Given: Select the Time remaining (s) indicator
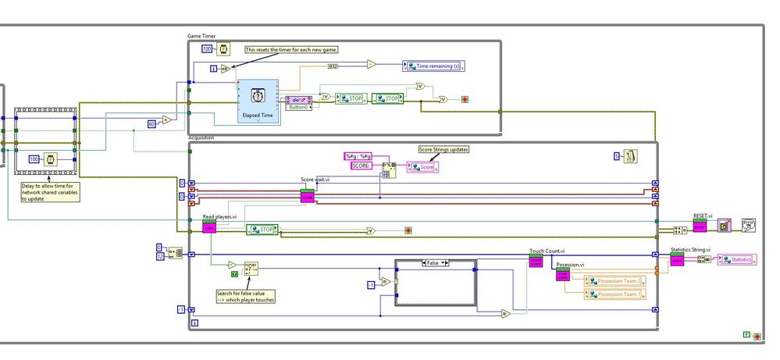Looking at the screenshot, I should (434, 66).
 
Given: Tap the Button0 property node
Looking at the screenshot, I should (297, 102).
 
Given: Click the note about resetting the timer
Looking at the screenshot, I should (291, 49).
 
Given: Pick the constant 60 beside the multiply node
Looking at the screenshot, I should (152, 123).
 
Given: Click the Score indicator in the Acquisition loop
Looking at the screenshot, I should (421, 167).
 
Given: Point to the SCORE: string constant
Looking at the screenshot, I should (360, 166).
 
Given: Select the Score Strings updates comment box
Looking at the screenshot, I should (443, 149).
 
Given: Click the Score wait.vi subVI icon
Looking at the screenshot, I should (307, 196).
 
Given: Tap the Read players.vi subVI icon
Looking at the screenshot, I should (209, 226).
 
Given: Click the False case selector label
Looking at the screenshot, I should (435, 264).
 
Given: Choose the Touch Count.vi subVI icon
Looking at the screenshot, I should (536, 262).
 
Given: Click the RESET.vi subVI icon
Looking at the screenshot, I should (700, 226).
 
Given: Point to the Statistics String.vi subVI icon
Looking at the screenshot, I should (677, 259).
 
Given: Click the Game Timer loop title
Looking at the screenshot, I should (201, 36).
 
